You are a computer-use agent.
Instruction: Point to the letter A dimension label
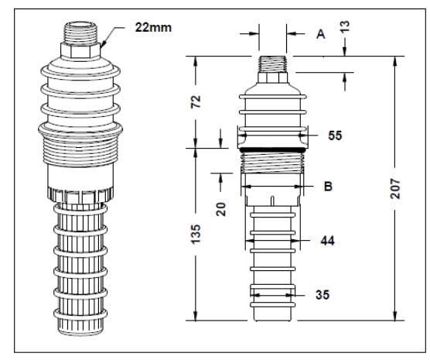[320, 34]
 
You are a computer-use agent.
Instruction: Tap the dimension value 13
[344, 26]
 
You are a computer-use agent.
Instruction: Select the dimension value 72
[196, 101]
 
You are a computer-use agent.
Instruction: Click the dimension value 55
[334, 135]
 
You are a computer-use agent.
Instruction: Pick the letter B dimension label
[328, 187]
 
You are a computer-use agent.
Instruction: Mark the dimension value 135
[196, 233]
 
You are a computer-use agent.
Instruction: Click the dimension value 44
[328, 242]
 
